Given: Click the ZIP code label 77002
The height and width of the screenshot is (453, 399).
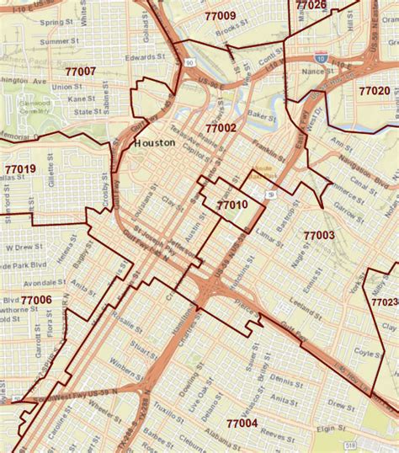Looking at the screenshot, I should coord(221,128).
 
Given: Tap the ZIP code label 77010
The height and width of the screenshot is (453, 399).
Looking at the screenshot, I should coord(231,205).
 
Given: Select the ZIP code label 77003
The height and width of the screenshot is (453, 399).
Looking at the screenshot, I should coord(319,236).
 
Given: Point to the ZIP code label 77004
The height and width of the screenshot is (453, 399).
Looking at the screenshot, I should coord(242,423).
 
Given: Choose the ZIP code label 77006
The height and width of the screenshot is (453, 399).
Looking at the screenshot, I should coord(36,300).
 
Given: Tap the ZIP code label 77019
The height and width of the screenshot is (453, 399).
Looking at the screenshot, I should coord(19,169).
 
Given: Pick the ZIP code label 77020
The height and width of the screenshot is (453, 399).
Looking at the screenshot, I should coord(374,90).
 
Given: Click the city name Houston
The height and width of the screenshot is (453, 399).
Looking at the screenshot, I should coord(155,143).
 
